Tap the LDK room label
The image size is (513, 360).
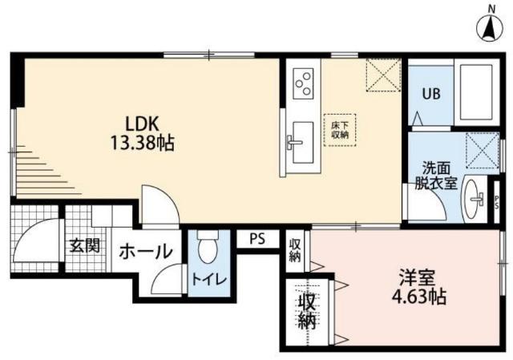pyautogui.click(x=143, y=124)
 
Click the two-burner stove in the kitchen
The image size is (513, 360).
pyautogui.click(x=304, y=82)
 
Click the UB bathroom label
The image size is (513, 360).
pyautogui.click(x=431, y=92)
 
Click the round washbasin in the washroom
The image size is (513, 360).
pyautogui.click(x=476, y=196)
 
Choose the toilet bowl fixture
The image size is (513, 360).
pyautogui.click(x=208, y=249)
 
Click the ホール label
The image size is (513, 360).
pyautogui.click(x=146, y=251)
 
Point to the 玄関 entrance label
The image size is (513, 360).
pyautogui.click(x=83, y=245)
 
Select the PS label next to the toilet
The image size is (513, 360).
pyautogui.click(x=256, y=239)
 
